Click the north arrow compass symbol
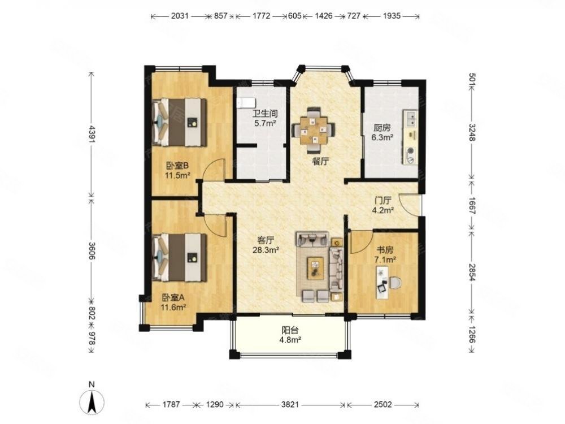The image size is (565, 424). [x=92, y=401]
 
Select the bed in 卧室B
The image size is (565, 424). [x=180, y=122]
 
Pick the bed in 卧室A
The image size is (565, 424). [x=180, y=257]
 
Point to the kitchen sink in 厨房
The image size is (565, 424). [x=411, y=119]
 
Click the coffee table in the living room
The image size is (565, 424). [x=316, y=268]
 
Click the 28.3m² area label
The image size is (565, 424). [x=266, y=249]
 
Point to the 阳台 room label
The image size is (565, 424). [x=290, y=330]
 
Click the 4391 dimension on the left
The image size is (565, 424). [x=92, y=135]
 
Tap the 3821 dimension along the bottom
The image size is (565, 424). [x=290, y=405]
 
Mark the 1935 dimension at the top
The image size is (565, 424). [x=392, y=16]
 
